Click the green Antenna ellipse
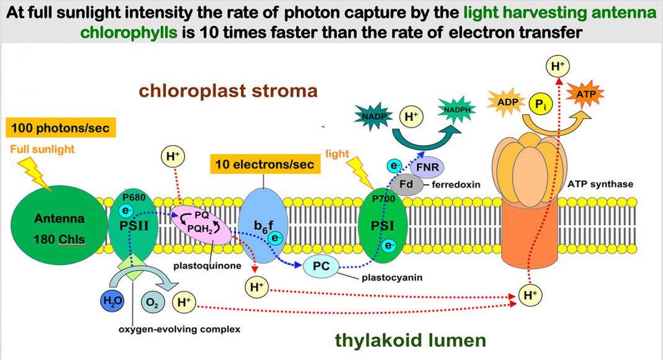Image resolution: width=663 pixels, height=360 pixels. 59,225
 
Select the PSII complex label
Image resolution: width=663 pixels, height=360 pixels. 134,226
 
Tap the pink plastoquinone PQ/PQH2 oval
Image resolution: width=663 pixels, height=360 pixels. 202,225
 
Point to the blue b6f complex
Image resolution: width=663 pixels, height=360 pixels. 263,226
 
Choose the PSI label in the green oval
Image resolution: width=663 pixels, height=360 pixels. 382,226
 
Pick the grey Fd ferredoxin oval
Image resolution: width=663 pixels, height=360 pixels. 407,184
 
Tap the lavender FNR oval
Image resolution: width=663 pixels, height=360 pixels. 427,167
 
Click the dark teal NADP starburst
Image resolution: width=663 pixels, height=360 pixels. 373,116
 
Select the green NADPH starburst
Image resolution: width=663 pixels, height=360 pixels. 457,110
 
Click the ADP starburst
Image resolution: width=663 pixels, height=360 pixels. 507,102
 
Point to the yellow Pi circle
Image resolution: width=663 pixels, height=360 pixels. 541,104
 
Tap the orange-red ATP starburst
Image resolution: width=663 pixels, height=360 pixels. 585,94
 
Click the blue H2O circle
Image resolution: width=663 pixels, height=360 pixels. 112,301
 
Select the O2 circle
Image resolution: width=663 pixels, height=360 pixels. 153,302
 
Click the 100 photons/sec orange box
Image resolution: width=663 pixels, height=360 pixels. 60,128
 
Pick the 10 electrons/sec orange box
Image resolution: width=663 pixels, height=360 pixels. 265,164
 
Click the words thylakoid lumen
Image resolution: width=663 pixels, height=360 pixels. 410,340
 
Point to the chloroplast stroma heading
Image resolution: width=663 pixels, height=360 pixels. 228,91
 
